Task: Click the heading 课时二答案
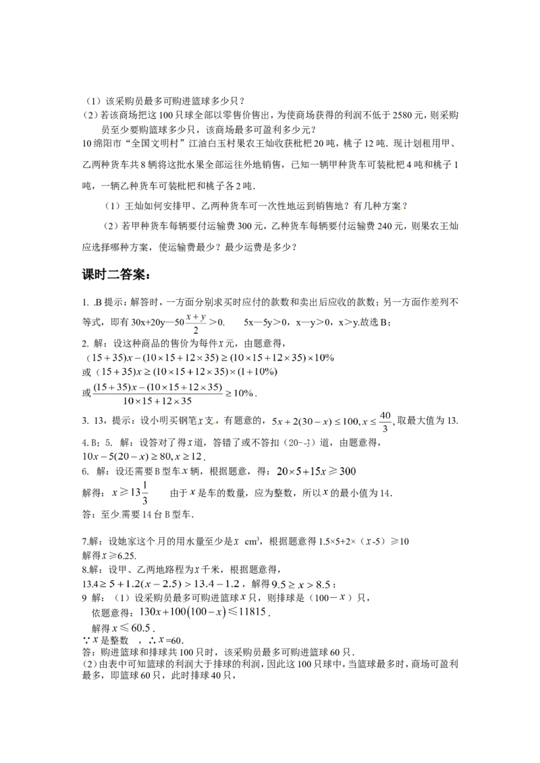pyautogui.click(x=115, y=275)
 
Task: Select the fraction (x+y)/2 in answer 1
pyautogui.click(x=196, y=323)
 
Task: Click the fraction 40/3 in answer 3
pyautogui.click(x=385, y=421)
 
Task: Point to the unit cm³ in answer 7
pyautogui.click(x=252, y=541)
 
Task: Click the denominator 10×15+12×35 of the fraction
pyautogui.click(x=157, y=401)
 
